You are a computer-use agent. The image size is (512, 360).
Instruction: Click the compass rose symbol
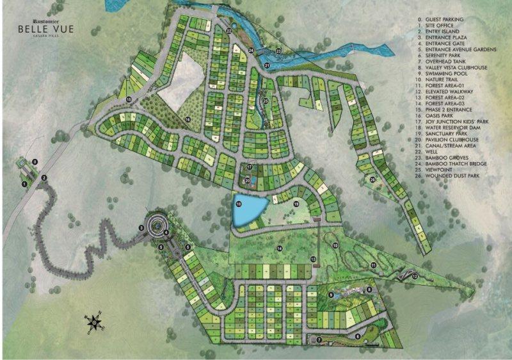pos(94,322)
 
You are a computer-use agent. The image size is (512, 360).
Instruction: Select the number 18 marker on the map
pos(239,204)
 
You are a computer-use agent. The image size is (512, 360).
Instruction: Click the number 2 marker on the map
pos(44,177)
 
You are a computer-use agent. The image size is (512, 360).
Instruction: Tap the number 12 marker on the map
pos(415,276)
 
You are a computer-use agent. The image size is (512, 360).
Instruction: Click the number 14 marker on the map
pos(280,248)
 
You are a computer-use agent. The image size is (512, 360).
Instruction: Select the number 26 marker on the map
pos(372,179)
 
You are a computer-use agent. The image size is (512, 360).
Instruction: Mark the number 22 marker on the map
pos(228,29)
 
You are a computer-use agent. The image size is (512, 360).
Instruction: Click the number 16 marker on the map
pos(188,119)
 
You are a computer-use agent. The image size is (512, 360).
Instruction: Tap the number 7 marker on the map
pos(319,340)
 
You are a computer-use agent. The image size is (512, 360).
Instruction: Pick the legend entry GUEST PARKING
pos(442,20)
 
